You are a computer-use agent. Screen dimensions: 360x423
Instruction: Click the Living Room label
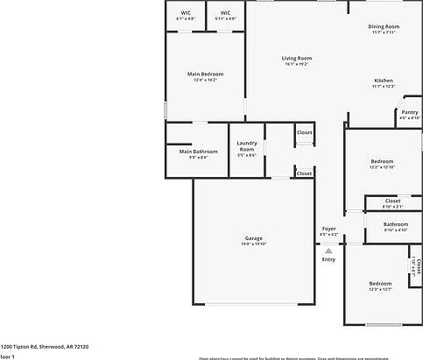[x=296, y=59]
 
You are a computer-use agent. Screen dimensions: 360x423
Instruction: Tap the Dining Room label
[x=383, y=26]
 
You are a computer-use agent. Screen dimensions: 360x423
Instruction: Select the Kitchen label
[x=383, y=80]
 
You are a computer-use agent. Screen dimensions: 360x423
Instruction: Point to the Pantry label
[x=409, y=112]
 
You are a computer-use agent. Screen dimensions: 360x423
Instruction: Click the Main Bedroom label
[x=205, y=74]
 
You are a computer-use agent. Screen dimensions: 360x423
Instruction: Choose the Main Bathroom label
[x=198, y=152]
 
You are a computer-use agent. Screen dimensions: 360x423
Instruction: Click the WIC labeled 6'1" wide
[x=186, y=13]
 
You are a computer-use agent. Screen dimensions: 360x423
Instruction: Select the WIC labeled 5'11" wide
[x=225, y=13]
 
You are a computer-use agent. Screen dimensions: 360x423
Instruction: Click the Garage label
[x=254, y=238]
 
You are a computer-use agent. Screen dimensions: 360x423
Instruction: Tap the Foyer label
[x=328, y=229]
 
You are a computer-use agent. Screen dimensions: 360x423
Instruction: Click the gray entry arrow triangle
[x=328, y=251]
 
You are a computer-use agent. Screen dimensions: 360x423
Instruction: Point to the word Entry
[x=328, y=259]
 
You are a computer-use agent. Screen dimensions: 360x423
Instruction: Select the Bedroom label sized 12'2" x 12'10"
[x=382, y=161]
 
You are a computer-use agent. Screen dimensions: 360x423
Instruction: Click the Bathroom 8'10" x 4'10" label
[x=396, y=224]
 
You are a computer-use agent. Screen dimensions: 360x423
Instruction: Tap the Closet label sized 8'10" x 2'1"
[x=393, y=201]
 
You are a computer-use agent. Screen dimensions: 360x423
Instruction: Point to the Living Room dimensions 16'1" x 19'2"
[x=296, y=65]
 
